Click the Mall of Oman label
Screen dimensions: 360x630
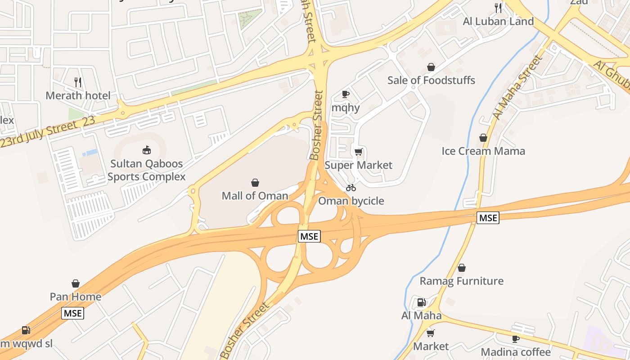[255, 196]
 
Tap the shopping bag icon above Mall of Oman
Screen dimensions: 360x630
[255, 182]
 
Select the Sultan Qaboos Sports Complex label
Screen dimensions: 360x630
[146, 170]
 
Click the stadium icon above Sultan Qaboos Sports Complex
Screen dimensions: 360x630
[146, 149]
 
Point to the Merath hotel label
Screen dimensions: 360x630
[78, 95]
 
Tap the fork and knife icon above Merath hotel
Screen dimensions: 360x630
[78, 82]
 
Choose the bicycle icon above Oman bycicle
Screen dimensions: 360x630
[351, 188]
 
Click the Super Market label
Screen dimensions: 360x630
[358, 165]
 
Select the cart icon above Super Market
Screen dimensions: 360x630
[358, 152]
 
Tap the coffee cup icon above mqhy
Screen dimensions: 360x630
[346, 94]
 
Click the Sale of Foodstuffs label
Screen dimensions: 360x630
[431, 80]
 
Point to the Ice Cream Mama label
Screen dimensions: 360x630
[483, 151]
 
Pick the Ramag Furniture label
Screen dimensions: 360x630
[461, 281]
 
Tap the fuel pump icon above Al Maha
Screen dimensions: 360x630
[421, 302]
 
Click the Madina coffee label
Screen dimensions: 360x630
[516, 351]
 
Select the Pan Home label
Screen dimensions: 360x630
[76, 297]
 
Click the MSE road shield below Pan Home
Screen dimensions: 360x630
[73, 313]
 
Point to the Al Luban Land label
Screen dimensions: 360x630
[498, 21]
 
